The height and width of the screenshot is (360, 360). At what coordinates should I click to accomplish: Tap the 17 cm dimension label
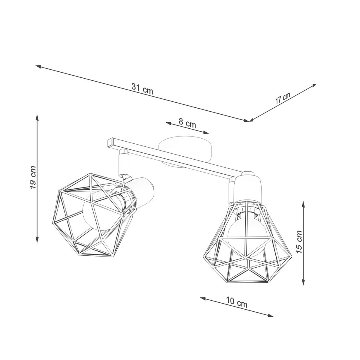(283, 98)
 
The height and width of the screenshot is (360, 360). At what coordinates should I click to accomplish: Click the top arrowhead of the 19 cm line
(37, 117)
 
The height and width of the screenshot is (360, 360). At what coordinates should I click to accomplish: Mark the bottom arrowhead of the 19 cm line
(37, 240)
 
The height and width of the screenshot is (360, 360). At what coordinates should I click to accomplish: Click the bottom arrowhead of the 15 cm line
(304, 282)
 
